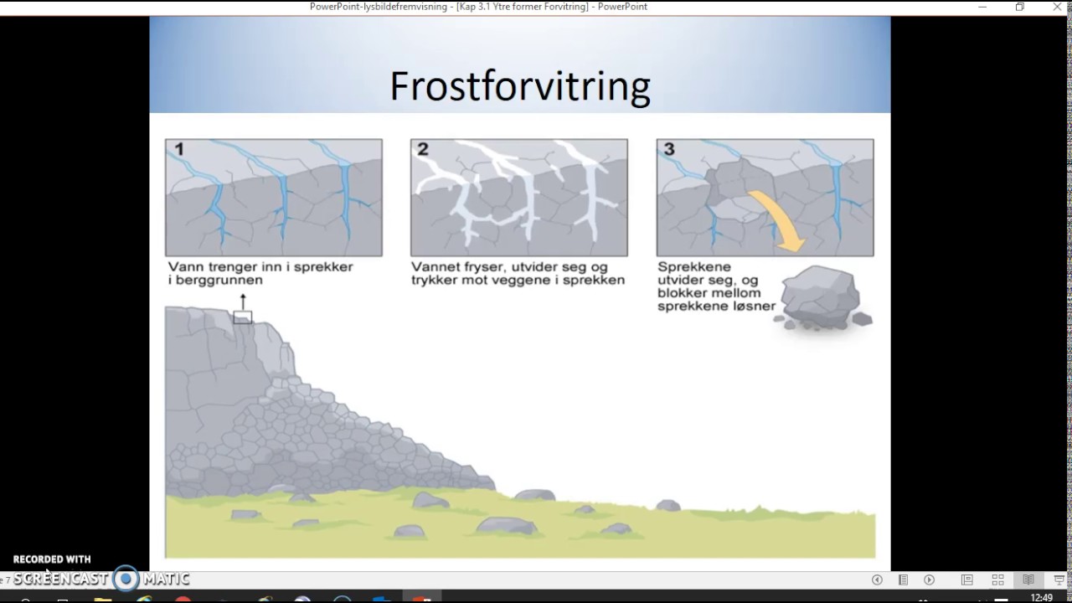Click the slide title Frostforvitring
point(519,86)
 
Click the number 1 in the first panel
point(178,150)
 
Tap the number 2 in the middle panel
point(423,150)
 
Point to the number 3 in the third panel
point(668,150)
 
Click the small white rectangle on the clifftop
point(243,317)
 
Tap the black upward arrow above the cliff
point(243,301)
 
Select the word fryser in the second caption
point(488,266)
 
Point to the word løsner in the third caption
point(757,307)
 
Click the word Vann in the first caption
point(184,266)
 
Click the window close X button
point(1056,7)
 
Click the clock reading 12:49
point(1041,597)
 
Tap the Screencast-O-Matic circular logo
point(126,579)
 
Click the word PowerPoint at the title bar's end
point(622,7)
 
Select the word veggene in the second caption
point(539,280)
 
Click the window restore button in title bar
point(1019,7)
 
